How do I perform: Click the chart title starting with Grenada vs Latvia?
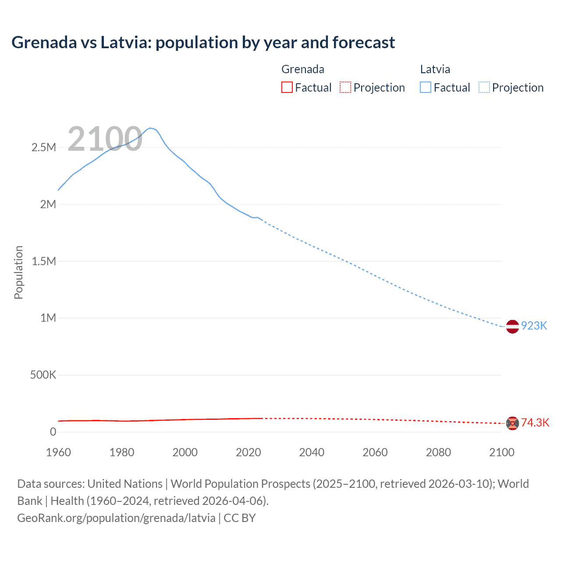(x=203, y=43)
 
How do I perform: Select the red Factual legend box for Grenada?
(x=287, y=87)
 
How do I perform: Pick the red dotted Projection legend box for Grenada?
(x=345, y=87)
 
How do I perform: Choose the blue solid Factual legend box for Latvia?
(x=425, y=87)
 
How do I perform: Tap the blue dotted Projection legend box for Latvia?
(x=484, y=87)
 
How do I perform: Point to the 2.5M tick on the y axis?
(x=44, y=147)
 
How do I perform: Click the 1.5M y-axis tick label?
(x=44, y=261)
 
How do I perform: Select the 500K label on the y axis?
(x=43, y=375)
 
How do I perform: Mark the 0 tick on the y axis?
(x=53, y=432)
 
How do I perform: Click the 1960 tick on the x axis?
(x=58, y=452)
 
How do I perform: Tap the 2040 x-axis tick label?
(x=312, y=452)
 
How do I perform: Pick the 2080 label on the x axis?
(x=438, y=452)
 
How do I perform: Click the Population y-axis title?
(x=18, y=272)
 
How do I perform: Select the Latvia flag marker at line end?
(x=512, y=327)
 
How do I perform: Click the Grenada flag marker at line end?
(x=512, y=423)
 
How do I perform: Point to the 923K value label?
(x=534, y=326)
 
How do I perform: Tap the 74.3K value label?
(x=535, y=423)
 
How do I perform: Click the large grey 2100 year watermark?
(x=105, y=139)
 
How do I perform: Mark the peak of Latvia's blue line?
(x=150, y=128)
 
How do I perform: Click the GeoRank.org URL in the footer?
(x=116, y=518)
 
